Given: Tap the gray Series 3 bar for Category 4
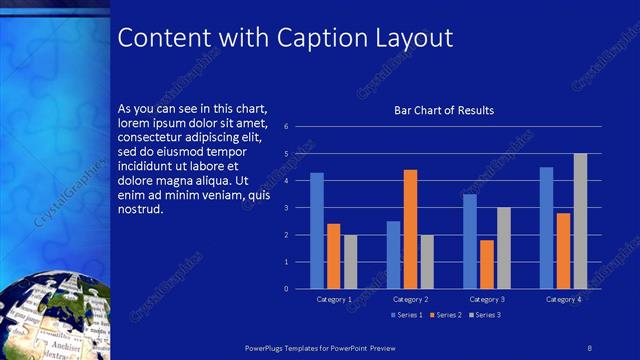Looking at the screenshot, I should (580, 221).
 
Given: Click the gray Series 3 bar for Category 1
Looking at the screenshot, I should (350, 262).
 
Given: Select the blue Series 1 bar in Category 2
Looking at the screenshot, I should (393, 255).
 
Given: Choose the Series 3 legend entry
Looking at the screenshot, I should (484, 315).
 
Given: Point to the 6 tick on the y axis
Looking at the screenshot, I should (286, 127).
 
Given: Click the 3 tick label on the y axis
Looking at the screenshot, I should (286, 208).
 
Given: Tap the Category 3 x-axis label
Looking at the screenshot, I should (487, 299).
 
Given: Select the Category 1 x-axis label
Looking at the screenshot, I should (333, 299).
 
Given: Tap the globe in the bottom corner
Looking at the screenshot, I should (50, 315).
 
